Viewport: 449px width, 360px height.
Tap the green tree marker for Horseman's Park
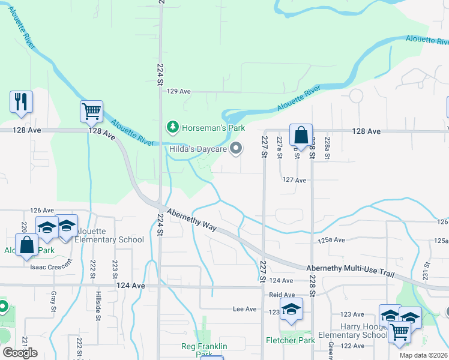coord(173,127)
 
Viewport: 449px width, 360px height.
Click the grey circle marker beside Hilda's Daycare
coord(237,148)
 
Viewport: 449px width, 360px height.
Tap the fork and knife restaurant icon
coord(21,101)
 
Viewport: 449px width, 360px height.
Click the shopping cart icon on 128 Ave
coord(91,111)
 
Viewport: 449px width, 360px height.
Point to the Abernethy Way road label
coord(191,218)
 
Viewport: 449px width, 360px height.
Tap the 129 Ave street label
coord(178,91)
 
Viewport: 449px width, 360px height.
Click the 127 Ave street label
coord(294,179)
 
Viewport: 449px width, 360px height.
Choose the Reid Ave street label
coord(282,295)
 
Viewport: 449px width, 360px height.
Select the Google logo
coord(20,352)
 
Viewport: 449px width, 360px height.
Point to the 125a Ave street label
coord(331,240)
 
